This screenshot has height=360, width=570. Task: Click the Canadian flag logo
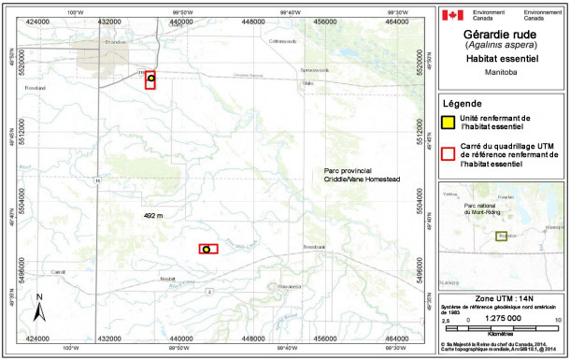(452, 15)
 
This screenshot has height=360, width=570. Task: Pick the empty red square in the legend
(449, 152)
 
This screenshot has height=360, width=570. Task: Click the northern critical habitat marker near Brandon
(150, 79)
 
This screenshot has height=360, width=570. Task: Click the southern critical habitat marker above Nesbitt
(207, 249)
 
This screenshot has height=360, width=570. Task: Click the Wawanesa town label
(280, 286)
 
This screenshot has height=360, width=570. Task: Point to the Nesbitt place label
(167, 279)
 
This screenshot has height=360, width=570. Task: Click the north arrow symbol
(40, 306)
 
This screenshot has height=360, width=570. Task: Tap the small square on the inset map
(501, 237)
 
